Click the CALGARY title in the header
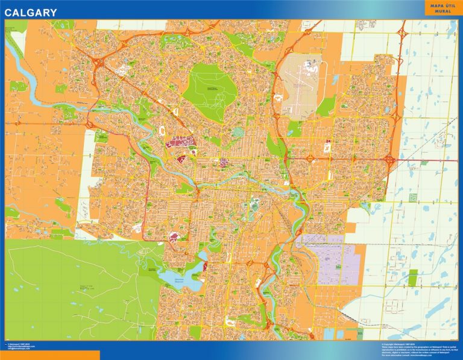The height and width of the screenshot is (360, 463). coord(31,12)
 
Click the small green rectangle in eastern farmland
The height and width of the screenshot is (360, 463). coord(413,277)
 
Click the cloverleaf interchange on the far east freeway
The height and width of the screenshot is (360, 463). coord(389,160)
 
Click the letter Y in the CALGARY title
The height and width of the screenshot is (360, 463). coord(54,12)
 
